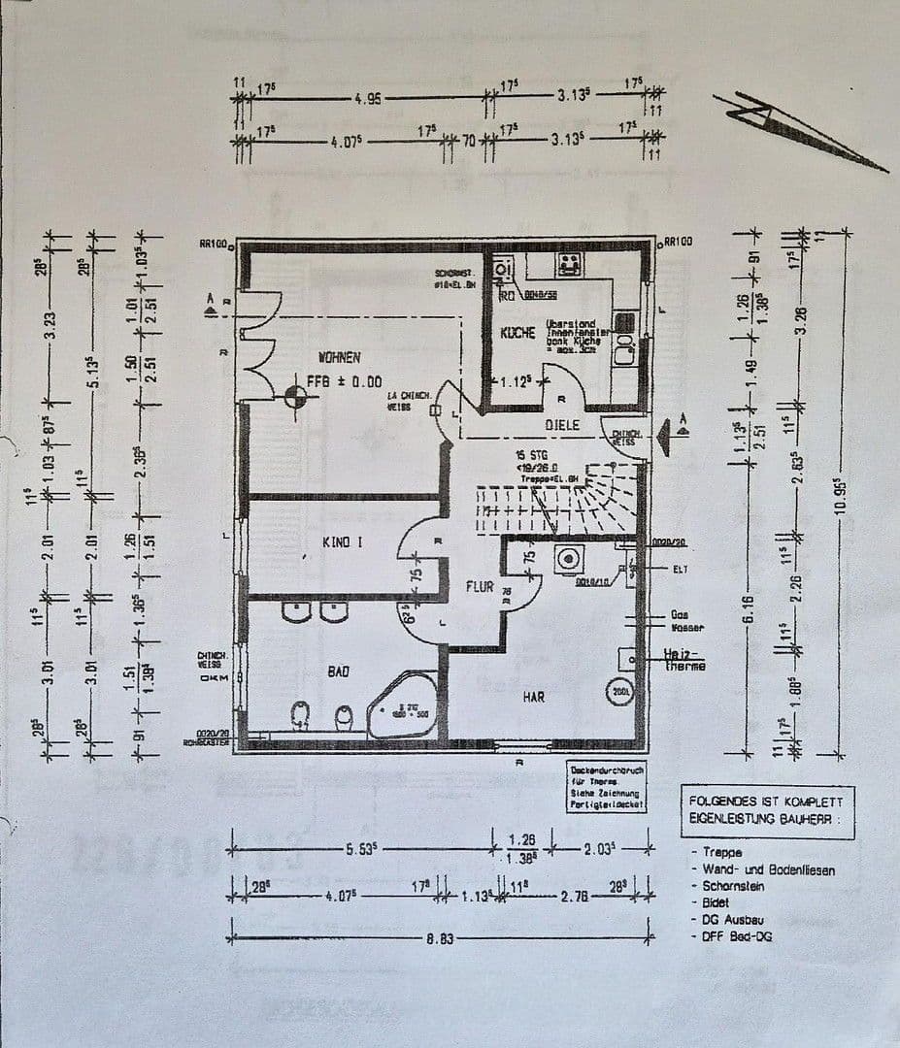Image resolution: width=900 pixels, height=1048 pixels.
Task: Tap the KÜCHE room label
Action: [517, 333]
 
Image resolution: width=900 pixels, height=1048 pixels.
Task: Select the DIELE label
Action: [561, 425]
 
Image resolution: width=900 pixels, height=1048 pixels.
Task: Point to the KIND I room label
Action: [342, 542]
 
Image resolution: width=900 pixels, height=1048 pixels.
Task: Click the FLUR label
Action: [480, 587]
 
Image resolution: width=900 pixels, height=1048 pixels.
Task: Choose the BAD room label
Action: [338, 671]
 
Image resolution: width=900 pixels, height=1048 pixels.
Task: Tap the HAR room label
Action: [534, 697]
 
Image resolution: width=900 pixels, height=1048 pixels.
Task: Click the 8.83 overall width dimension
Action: [440, 939]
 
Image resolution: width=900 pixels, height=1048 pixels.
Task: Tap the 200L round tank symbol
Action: [618, 692]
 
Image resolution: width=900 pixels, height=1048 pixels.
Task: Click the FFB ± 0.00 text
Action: [345, 381]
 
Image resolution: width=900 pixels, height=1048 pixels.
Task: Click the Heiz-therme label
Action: [684, 661]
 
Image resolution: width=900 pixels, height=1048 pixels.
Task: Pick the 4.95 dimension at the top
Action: [368, 98]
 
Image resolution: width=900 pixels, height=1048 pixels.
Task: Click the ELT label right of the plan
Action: [679, 570]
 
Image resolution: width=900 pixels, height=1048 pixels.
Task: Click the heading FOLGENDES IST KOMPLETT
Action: [767, 802]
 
